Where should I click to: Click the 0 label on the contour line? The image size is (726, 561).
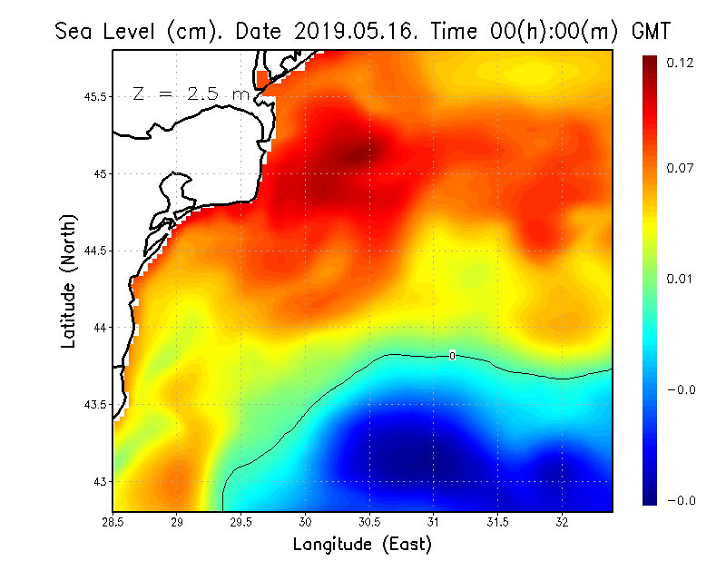tap(452, 356)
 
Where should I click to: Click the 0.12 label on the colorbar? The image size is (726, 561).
tap(681, 63)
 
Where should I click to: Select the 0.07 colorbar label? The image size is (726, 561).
tap(681, 169)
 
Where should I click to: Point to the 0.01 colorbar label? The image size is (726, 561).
tap(681, 279)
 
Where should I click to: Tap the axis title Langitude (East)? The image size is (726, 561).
tap(362, 544)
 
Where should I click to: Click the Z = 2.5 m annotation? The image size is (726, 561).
tap(191, 93)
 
